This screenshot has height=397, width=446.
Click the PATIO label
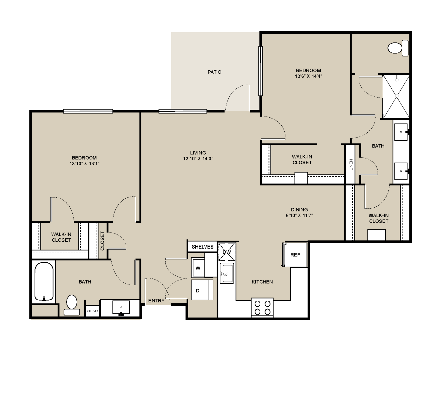point(214,72)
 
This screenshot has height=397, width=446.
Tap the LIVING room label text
point(198,153)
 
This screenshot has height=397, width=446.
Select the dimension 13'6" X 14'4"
point(308,76)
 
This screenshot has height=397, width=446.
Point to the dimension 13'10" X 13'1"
point(84,164)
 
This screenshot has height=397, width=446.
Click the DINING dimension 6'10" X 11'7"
point(299,215)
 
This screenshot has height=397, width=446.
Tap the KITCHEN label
point(262,282)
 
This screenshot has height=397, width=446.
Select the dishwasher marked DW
point(227,252)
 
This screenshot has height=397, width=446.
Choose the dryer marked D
point(202,290)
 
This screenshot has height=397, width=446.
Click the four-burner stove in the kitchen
point(262,308)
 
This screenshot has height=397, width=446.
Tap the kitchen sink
point(227,273)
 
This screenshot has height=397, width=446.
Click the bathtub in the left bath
point(44,281)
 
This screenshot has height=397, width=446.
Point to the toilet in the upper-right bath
point(398,48)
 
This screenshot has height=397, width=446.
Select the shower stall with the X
point(396,96)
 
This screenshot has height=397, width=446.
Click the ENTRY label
point(156,301)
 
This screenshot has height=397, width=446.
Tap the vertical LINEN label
point(351,165)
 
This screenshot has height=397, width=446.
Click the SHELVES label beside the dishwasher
point(203,247)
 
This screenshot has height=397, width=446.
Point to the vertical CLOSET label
point(102,240)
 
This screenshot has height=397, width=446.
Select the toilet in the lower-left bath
point(72,305)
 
